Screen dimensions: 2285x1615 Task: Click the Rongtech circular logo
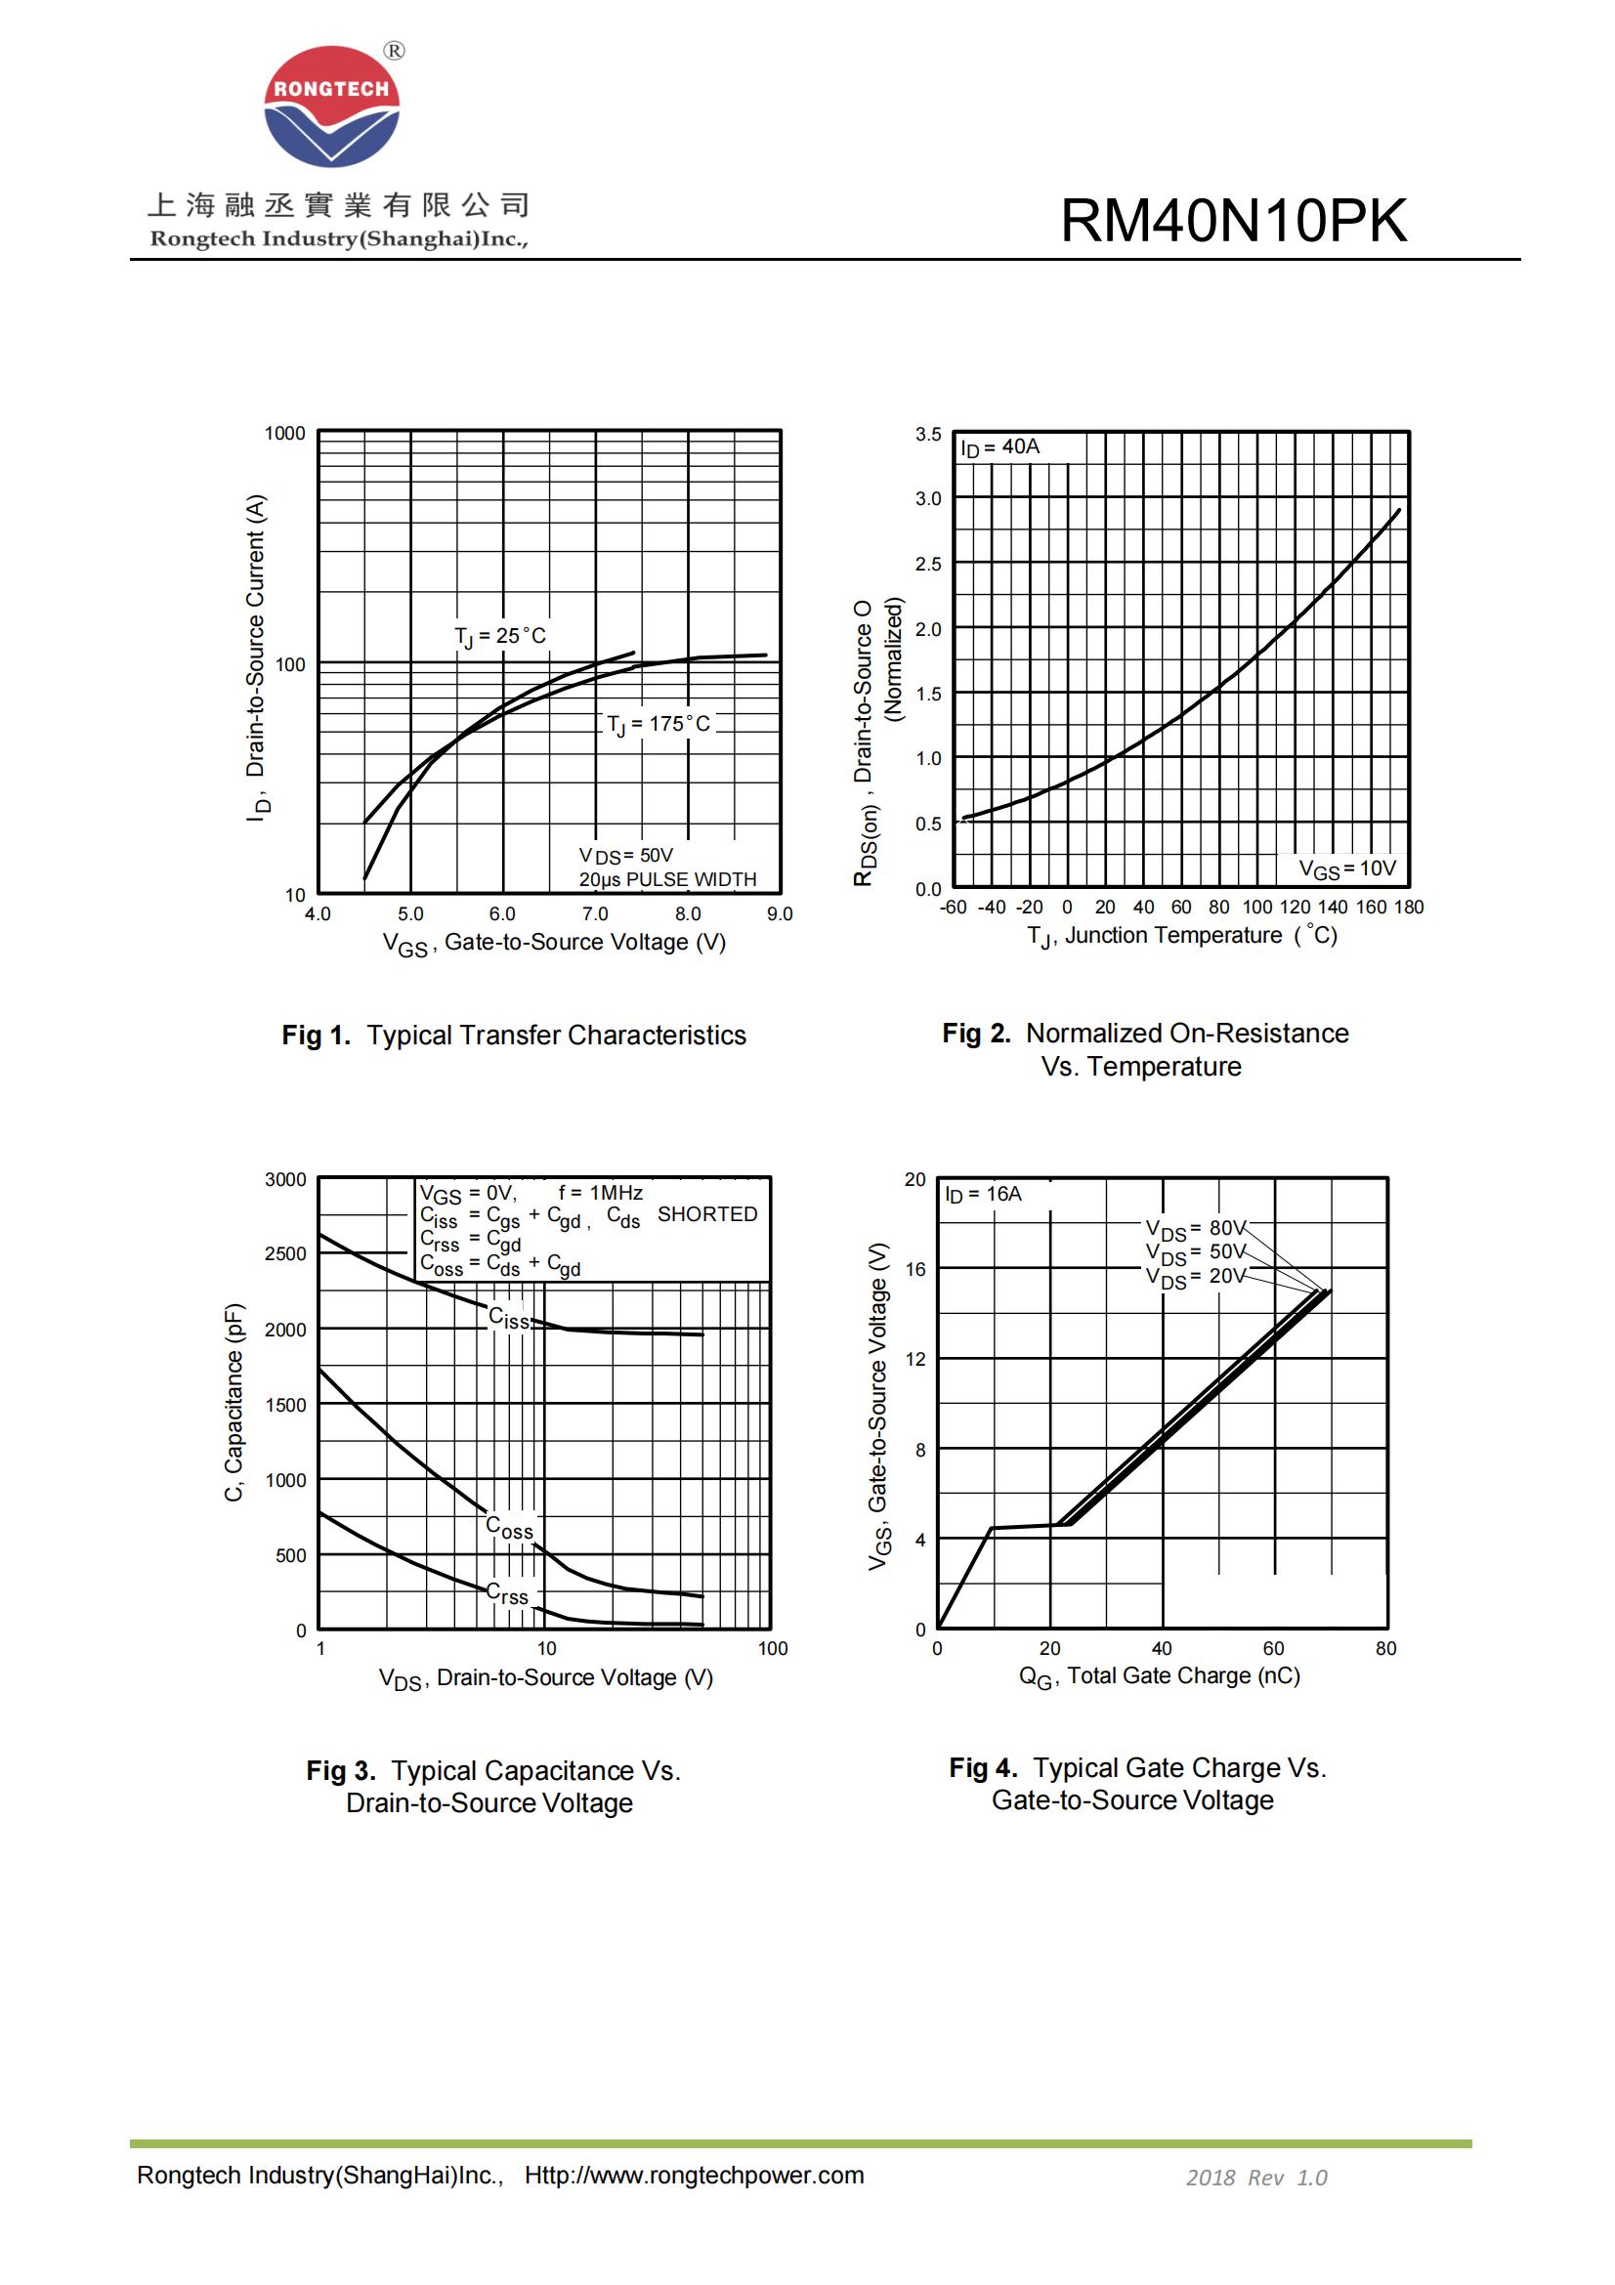click(331, 106)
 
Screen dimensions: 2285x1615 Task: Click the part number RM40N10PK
click(1233, 220)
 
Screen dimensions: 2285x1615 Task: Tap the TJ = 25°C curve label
click(499, 636)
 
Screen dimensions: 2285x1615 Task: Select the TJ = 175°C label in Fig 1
click(659, 725)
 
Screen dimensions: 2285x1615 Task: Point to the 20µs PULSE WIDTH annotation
click(667, 880)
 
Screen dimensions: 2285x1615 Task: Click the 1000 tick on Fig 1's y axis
click(284, 434)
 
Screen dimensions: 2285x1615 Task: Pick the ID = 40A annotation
click(999, 447)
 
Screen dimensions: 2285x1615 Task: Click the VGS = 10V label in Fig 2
click(1347, 868)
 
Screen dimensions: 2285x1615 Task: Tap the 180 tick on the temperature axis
click(1408, 907)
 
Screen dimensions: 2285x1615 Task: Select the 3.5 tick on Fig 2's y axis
click(927, 434)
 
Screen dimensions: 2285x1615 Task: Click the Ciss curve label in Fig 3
click(508, 1319)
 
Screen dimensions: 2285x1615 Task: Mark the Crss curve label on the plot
click(506, 1593)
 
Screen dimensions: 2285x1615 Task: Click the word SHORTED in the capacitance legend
click(706, 1214)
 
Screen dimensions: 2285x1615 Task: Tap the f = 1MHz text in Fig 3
click(600, 1192)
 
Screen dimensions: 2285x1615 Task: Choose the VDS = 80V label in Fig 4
click(1194, 1228)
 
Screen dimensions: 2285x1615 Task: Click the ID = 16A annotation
click(983, 1193)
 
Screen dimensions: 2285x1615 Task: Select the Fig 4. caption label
click(982, 1767)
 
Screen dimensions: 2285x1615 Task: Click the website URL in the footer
click(694, 2176)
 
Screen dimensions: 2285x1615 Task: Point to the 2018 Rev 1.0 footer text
click(1255, 2178)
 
